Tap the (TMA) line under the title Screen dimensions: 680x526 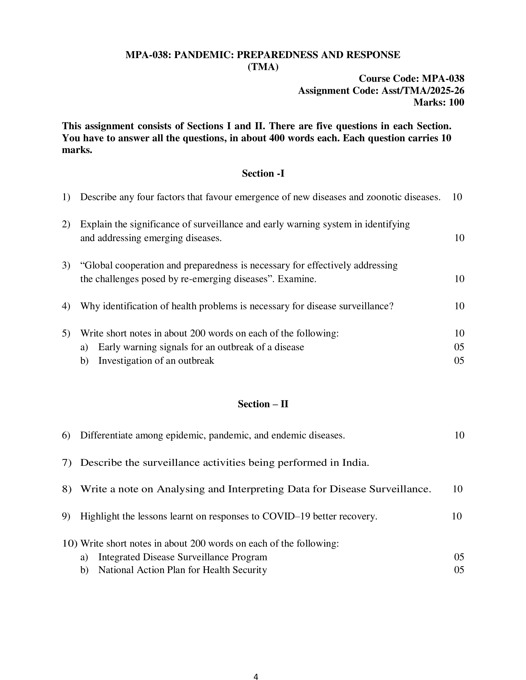[x=263, y=67]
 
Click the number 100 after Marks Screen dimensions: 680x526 [x=456, y=102]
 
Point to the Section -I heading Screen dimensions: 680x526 [x=263, y=173]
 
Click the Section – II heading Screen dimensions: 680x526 [x=263, y=404]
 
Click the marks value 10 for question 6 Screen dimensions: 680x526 [x=459, y=435]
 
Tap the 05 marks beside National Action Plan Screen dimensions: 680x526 [x=459, y=570]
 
